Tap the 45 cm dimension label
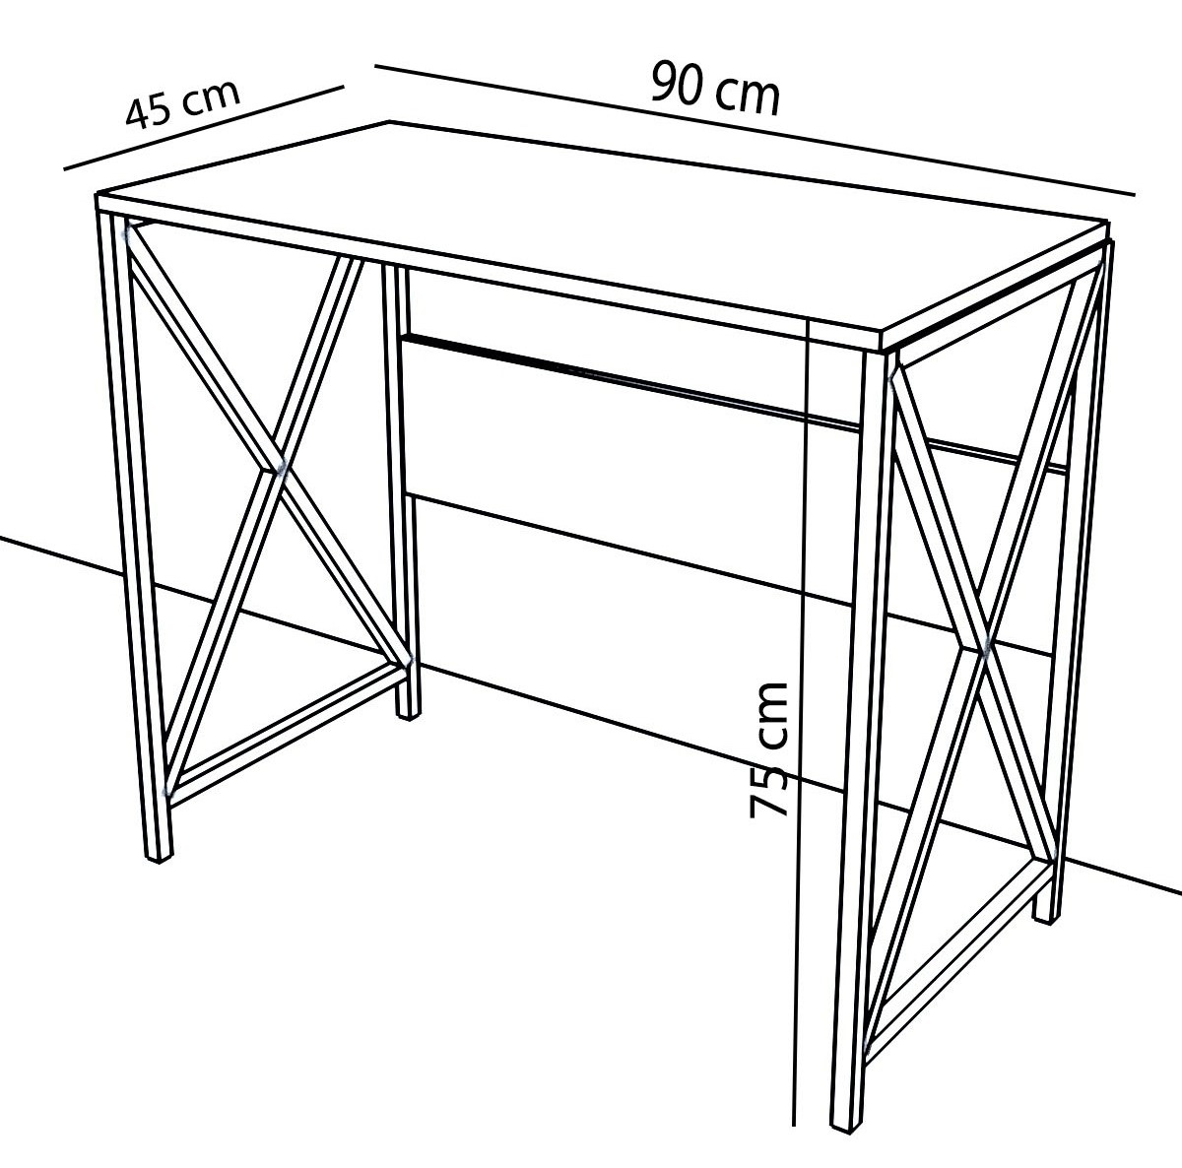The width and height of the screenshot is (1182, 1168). click(x=181, y=106)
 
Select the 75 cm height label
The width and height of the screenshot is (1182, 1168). click(x=768, y=749)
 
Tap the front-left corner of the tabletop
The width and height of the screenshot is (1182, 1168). click(x=97, y=195)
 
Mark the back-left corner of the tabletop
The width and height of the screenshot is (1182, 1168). click(x=390, y=121)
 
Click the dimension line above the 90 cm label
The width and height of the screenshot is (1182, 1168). click(x=755, y=129)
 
